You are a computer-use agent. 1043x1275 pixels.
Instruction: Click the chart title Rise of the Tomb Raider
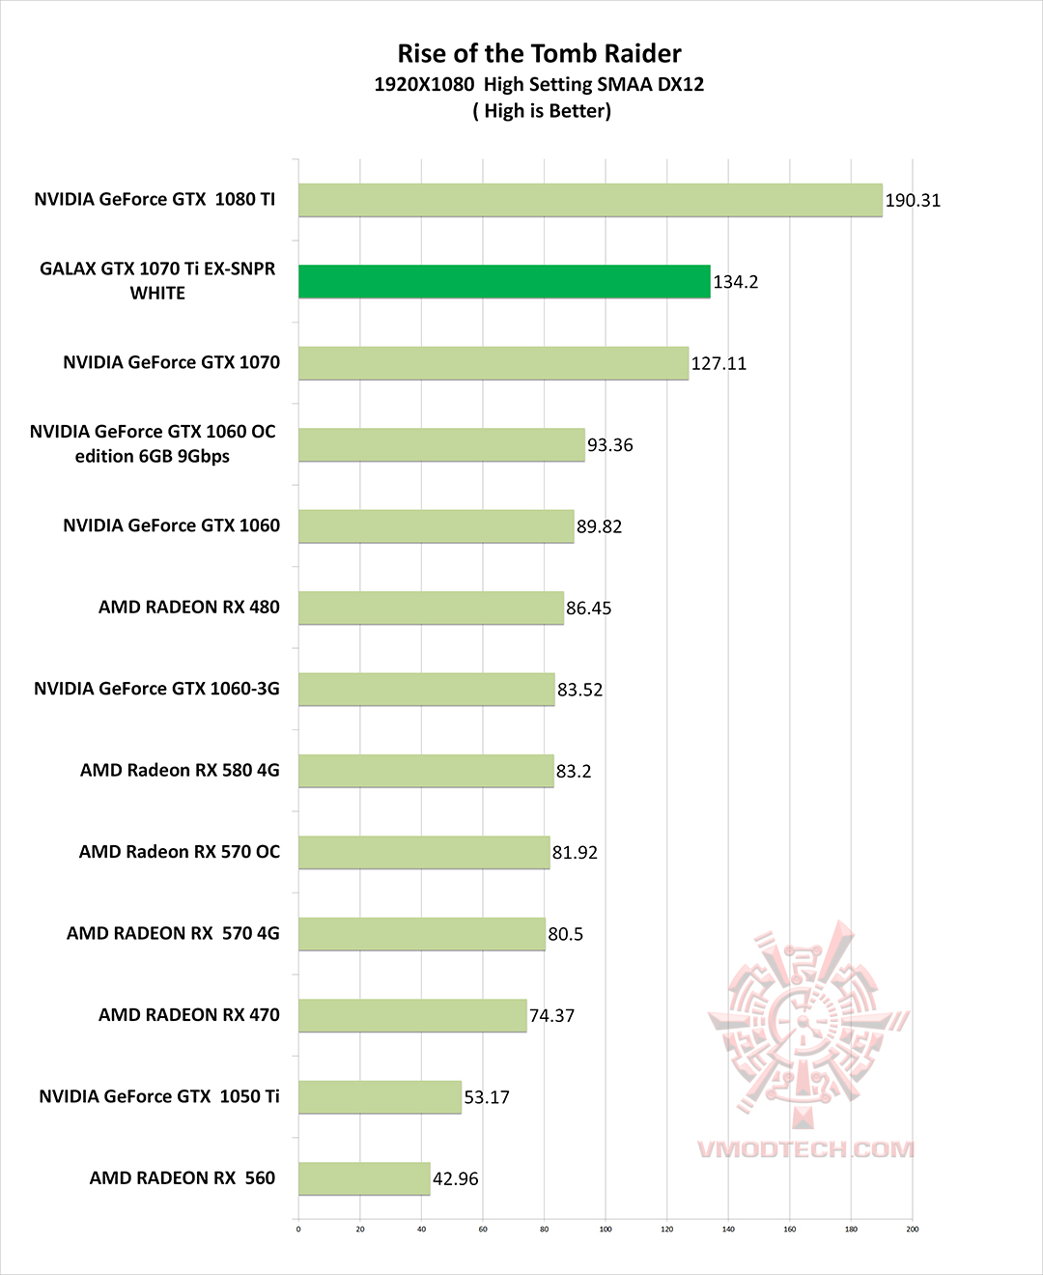coord(539,54)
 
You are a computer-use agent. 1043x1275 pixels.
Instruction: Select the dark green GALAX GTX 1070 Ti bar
coord(503,281)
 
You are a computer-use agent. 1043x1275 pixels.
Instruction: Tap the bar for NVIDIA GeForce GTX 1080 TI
coord(589,200)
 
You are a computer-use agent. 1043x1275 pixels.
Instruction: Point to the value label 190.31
coord(912,201)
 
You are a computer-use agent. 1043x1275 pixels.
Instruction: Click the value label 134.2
coord(735,282)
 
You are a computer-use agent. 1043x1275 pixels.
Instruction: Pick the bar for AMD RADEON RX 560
coord(364,1178)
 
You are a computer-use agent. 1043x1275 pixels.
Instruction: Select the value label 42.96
coord(455,1179)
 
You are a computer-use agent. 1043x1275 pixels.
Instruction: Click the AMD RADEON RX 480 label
coord(188,608)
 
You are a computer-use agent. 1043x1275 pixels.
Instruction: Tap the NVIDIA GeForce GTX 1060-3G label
coord(156,689)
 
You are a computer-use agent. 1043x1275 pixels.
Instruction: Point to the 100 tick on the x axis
coord(606,1230)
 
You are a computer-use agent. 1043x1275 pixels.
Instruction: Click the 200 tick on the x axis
coord(913,1230)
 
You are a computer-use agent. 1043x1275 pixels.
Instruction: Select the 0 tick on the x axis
coord(298,1230)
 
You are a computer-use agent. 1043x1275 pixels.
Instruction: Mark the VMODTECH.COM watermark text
coord(804,1149)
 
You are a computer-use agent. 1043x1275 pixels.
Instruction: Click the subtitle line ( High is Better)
coord(541,111)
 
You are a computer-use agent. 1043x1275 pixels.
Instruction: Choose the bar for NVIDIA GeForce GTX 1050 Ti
coord(380,1097)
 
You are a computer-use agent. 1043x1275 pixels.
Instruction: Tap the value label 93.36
coord(609,445)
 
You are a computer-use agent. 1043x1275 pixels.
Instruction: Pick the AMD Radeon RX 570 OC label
coord(179,852)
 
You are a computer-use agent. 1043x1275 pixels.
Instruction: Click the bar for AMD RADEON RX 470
coord(412,1015)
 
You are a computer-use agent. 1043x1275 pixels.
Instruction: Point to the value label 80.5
coord(565,934)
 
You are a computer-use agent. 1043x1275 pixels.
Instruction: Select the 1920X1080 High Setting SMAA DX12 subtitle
coord(539,85)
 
